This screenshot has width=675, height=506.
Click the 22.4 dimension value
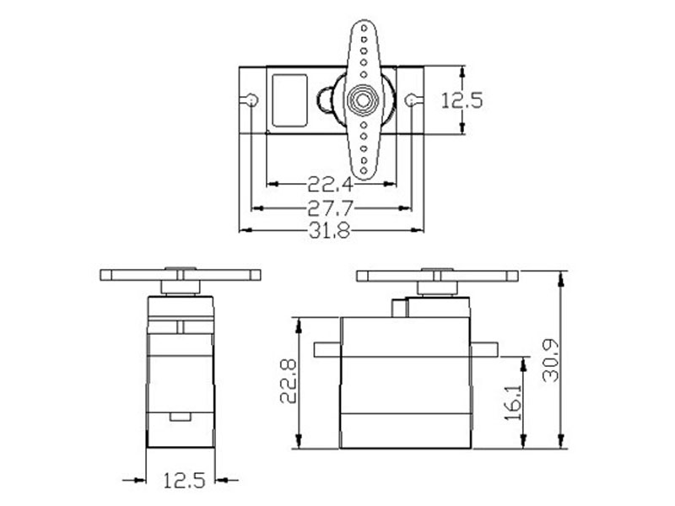coord(330,185)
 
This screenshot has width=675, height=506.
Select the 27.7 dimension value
coord(330,208)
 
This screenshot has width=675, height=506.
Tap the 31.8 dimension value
coord(330,231)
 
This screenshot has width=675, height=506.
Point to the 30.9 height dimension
coord(550,361)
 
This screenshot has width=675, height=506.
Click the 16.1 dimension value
coord(513,402)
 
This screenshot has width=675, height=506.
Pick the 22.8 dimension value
coord(288,381)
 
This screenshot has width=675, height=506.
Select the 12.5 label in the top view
coord(462,100)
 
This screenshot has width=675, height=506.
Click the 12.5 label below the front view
coord(184,480)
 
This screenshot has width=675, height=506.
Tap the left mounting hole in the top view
coord(251,100)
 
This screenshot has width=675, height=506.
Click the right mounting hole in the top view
coord(411,100)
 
